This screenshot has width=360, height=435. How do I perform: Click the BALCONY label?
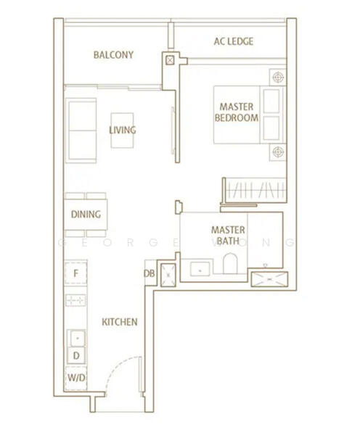click(113, 54)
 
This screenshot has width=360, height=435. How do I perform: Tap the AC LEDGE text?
click(234, 41)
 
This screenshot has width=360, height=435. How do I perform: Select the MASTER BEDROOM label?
click(237, 112)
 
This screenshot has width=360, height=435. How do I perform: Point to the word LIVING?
click(122, 130)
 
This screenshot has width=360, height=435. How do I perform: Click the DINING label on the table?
click(86, 214)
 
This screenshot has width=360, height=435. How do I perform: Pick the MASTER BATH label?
click(228, 235)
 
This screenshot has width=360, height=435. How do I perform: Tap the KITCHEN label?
click(120, 322)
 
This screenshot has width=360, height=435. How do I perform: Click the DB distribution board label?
click(150, 273)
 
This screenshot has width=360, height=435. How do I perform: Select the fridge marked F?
click(75, 273)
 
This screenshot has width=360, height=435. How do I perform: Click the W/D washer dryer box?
click(76, 378)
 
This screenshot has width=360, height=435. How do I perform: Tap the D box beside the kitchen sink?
click(76, 356)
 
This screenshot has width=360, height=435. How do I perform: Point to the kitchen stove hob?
click(75, 300)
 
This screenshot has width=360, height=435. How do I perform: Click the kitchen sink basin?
click(77, 338)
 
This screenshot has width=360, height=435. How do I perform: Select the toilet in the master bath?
click(230, 263)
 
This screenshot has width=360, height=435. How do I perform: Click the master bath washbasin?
click(200, 269)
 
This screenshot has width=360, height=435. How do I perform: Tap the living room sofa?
click(81, 130)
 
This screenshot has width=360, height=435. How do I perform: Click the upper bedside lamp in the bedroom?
click(278, 77)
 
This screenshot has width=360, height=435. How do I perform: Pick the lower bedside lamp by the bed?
click(278, 152)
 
